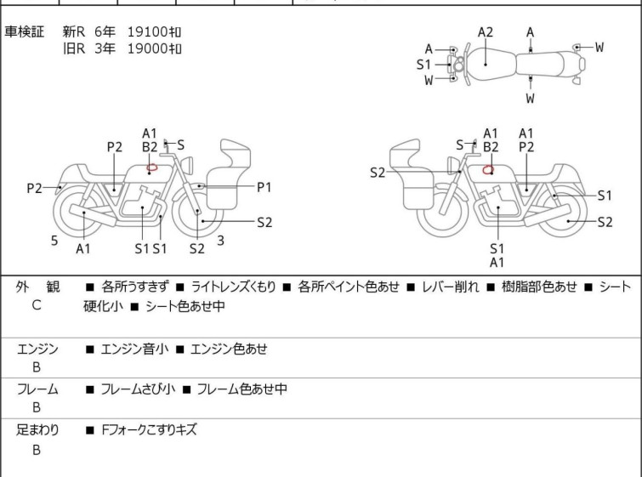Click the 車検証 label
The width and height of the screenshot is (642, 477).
(x=24, y=31)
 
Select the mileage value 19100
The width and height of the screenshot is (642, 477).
(x=147, y=31)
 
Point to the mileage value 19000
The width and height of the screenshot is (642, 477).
(x=147, y=48)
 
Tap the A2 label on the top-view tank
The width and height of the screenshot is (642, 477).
(x=486, y=32)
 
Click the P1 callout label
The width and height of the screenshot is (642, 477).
(x=264, y=187)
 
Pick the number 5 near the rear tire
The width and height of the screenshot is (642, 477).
(x=54, y=241)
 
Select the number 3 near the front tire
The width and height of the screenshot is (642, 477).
(x=221, y=241)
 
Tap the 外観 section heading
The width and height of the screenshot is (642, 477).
(x=37, y=287)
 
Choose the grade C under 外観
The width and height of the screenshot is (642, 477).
(x=37, y=305)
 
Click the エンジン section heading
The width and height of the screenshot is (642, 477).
(x=37, y=349)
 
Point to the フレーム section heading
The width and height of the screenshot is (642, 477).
(x=37, y=389)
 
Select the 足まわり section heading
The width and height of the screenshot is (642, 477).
(x=37, y=430)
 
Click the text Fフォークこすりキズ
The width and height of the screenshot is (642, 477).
(x=150, y=430)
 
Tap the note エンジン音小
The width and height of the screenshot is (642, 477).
(x=134, y=349)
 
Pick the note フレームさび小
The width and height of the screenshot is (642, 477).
(x=138, y=389)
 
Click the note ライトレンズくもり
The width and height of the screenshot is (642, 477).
(x=233, y=287)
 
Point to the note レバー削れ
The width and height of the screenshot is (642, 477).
(x=451, y=287)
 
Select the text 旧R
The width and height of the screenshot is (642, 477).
(x=74, y=48)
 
